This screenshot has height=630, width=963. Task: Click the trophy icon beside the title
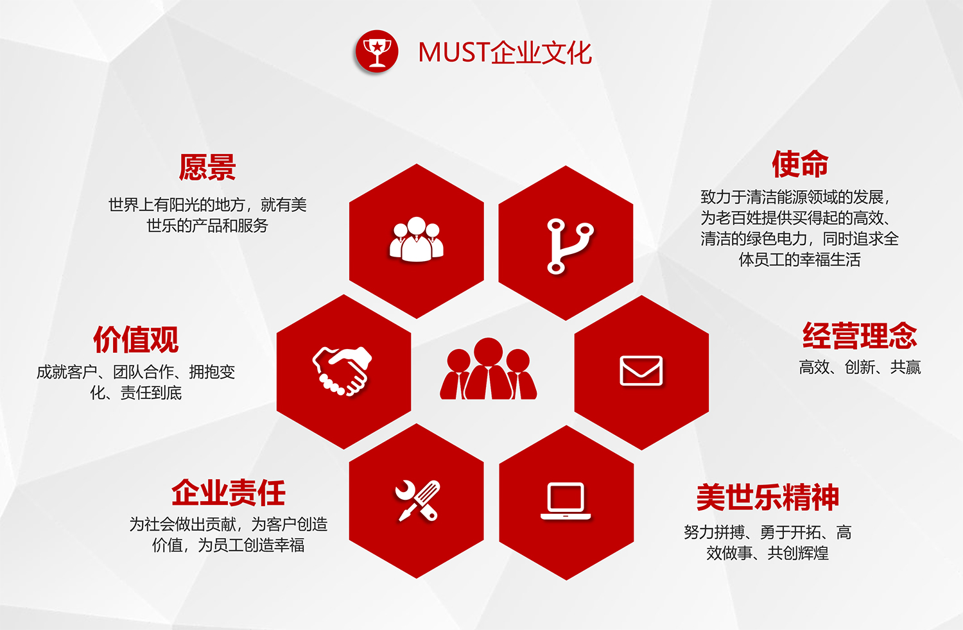[377, 51]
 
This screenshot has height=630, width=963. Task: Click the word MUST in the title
[454, 53]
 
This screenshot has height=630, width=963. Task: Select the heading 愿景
[207, 167]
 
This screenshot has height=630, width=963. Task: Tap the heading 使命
[800, 164]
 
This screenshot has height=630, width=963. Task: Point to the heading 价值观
[136, 339]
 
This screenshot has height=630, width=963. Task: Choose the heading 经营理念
[860, 336]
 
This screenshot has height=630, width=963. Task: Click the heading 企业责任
[229, 493]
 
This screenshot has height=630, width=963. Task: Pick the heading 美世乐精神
[767, 497]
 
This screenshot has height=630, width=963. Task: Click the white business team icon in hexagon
[416, 239]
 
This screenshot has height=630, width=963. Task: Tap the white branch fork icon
[569, 246]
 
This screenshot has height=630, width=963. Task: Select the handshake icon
[342, 371]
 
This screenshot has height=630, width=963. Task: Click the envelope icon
[641, 370]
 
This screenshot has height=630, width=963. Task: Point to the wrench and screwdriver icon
[417, 500]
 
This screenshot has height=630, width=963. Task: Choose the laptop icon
[566, 501]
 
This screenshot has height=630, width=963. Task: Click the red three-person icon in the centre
[488, 369]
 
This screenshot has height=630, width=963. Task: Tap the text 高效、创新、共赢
[860, 368]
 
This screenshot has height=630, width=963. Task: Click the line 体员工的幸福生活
[800, 260]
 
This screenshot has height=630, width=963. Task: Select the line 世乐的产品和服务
[207, 226]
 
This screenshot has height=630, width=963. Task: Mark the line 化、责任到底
[136, 393]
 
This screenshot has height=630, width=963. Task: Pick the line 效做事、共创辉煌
[767, 553]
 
